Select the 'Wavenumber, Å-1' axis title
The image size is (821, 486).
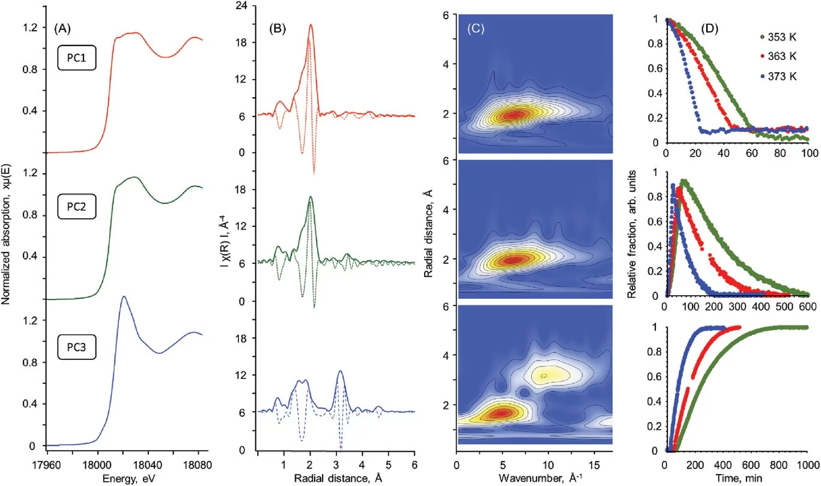(533, 478)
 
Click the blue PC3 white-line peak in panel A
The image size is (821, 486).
(124, 296)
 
